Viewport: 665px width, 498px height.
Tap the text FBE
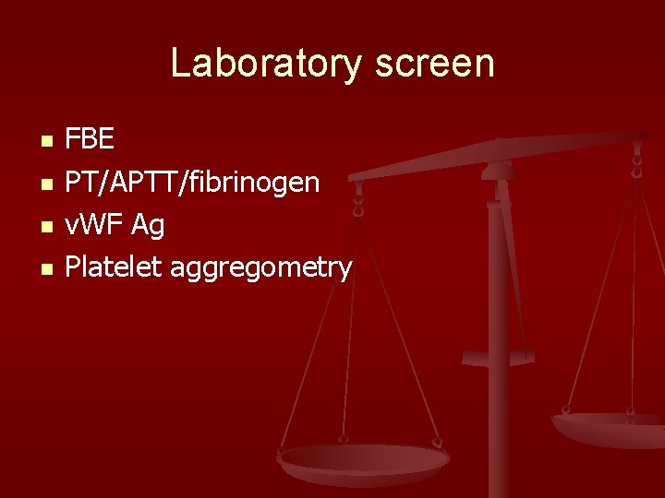tap(90, 140)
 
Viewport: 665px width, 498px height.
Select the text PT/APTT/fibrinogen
tap(192, 183)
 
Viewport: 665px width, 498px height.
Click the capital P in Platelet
tap(73, 267)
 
